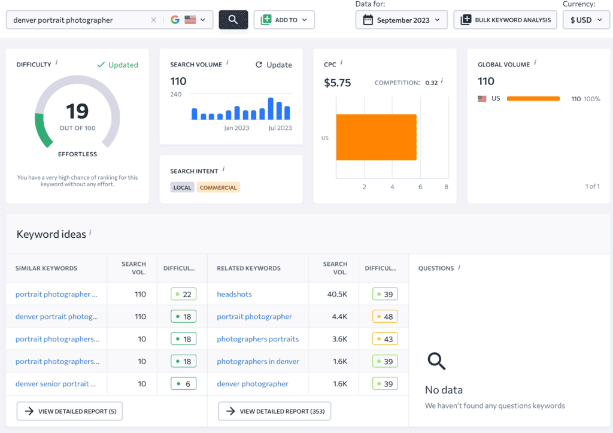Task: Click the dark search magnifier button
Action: coord(233,20)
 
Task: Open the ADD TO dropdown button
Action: coord(284,20)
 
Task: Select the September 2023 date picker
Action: coord(402,20)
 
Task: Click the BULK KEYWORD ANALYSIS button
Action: coord(505,20)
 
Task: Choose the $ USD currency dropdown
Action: coord(586,20)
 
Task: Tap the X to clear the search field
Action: coord(154,20)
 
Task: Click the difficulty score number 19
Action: coord(77,111)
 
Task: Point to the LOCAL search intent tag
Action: coord(182,187)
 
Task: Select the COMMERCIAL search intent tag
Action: coord(218,187)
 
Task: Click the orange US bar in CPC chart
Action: coord(376,137)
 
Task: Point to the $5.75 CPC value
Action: coord(338,83)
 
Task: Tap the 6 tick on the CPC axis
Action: coord(420,187)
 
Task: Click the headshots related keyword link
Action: coord(234,294)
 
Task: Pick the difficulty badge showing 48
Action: coord(385,316)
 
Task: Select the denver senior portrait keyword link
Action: coord(56,384)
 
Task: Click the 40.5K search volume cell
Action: coord(337,294)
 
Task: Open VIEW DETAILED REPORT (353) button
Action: coord(274,411)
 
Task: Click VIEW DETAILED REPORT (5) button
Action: coord(69,411)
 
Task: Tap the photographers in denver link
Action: coord(258,361)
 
